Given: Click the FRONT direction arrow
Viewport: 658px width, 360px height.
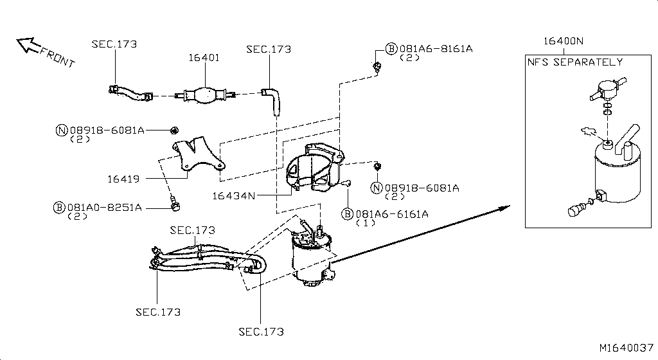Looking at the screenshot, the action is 28,45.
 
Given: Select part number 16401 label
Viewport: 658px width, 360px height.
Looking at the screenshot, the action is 204,58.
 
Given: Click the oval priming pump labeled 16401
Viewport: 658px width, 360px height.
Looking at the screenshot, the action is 206,95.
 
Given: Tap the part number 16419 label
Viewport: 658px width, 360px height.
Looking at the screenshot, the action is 123,179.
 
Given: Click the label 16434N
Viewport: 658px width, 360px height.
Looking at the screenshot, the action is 234,196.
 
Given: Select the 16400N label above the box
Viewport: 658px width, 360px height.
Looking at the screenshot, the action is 564,41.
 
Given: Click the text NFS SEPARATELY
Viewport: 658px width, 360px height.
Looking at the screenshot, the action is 575,62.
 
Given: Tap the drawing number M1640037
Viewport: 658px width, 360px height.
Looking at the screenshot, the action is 626,348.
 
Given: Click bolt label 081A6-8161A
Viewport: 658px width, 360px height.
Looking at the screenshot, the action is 436,49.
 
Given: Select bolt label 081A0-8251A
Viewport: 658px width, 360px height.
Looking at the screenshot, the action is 105,207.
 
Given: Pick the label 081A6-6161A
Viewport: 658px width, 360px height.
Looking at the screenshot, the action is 392,214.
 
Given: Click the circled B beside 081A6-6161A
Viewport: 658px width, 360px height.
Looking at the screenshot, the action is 348,214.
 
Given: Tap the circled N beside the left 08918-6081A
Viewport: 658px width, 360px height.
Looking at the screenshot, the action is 62,130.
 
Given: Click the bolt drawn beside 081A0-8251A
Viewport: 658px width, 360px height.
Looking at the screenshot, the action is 174,204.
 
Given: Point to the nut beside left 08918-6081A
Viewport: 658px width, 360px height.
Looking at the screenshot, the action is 173,130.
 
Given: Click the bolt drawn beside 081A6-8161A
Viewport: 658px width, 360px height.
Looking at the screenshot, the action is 377,67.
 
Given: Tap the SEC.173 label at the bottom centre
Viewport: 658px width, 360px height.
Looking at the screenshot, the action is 261,332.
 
